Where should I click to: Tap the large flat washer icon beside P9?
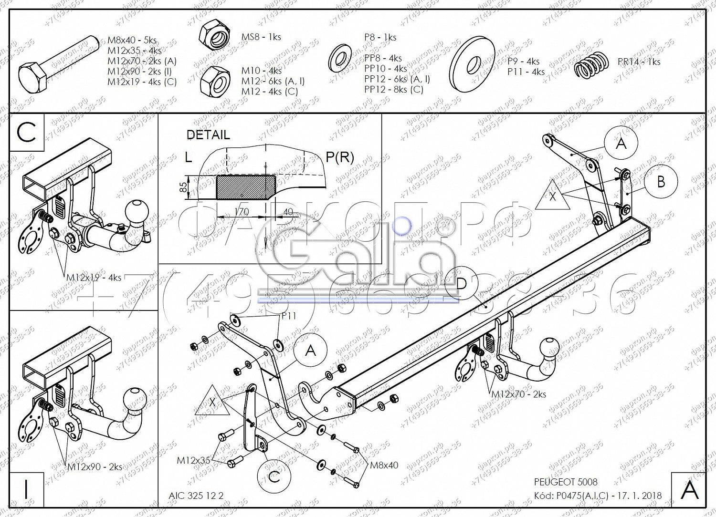(473, 64)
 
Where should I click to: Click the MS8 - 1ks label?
(261, 37)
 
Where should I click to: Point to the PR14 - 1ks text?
(639, 62)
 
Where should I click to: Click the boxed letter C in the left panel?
(26, 132)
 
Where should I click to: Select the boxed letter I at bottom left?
(26, 489)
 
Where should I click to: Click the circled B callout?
(661, 182)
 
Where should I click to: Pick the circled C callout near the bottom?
(274, 476)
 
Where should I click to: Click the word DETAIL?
(208, 135)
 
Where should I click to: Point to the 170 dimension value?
(242, 212)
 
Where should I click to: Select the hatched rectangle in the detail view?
(245, 186)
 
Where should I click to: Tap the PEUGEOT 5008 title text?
(565, 482)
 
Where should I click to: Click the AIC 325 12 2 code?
(196, 496)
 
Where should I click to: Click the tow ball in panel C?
(137, 211)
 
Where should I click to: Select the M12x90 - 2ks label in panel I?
(94, 467)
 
